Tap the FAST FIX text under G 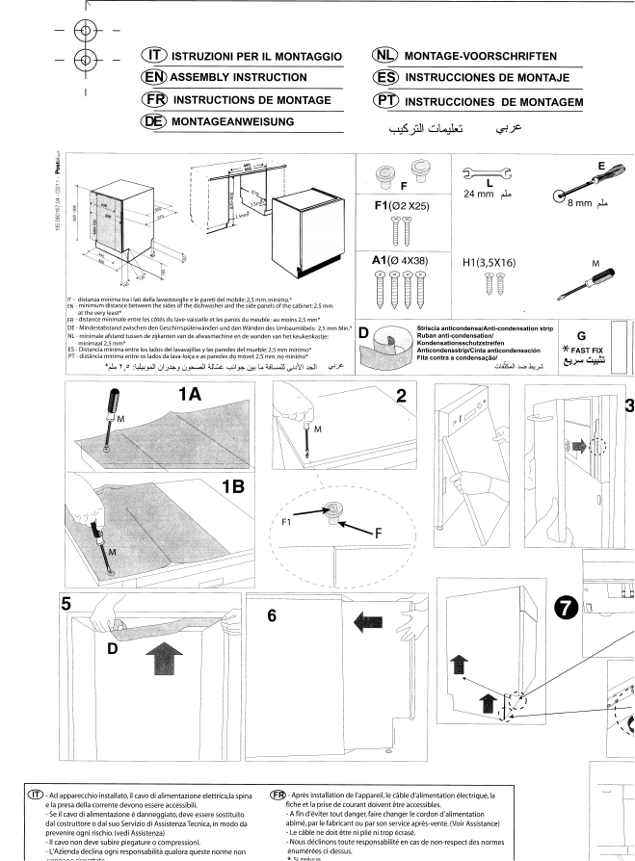pos(586,350)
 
